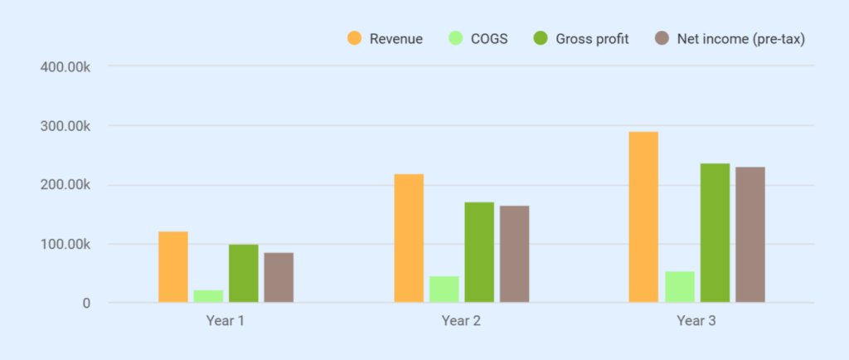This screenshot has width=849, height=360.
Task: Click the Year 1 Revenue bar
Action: (x=172, y=267)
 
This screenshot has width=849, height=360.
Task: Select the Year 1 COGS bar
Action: (x=208, y=296)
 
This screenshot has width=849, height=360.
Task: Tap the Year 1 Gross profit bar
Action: (x=243, y=274)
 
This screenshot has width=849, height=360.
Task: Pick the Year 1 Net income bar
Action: (x=279, y=278)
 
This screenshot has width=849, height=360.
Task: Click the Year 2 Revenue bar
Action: (x=409, y=239)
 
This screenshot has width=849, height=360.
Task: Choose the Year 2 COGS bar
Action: (x=444, y=289)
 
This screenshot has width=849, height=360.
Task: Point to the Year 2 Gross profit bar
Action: (x=479, y=253)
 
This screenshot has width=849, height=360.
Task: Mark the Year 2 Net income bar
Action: (x=514, y=255)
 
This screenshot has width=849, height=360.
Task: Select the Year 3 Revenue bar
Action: (x=643, y=217)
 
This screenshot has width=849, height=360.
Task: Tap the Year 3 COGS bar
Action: (x=680, y=287)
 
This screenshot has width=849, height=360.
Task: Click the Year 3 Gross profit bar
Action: (x=715, y=233)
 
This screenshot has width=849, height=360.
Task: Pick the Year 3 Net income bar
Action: (x=750, y=235)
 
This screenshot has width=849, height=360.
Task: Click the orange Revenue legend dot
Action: (x=355, y=38)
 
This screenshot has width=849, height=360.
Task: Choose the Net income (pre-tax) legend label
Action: (x=740, y=39)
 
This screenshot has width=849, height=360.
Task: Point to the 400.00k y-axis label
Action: (x=65, y=66)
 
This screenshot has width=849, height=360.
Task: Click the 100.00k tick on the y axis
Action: (x=65, y=245)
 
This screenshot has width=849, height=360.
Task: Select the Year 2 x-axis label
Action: (x=461, y=320)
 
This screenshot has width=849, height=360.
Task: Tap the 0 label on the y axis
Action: (x=85, y=304)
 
